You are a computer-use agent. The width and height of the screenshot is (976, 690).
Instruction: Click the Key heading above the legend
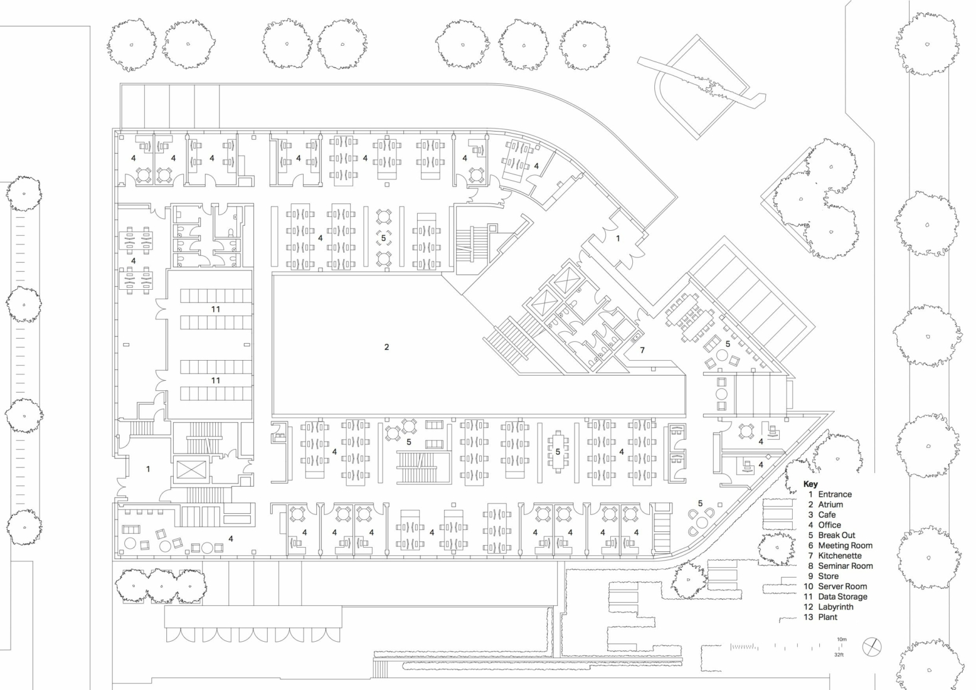(810, 484)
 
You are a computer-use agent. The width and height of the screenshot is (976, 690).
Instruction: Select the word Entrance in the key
(835, 494)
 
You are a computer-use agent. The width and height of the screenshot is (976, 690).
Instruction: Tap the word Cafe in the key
(827, 515)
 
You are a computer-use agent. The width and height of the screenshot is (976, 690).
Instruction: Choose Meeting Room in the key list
(846, 545)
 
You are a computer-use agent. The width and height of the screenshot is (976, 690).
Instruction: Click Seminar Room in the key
(846, 566)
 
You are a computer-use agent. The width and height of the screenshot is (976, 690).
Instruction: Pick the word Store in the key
(829, 576)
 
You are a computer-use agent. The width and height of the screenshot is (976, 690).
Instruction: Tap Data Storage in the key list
(842, 597)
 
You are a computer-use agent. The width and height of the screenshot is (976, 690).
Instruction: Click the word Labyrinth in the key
(835, 607)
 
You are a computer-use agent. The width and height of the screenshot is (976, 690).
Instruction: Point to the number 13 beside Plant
(809, 617)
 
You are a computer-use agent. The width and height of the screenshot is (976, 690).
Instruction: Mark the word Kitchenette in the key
(840, 556)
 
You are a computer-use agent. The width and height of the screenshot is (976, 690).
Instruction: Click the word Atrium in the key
(830, 504)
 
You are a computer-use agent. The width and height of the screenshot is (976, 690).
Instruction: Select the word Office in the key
(830, 525)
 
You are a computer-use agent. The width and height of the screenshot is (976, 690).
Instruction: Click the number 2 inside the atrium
(386, 347)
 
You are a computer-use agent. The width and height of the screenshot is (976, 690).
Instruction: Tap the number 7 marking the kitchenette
(642, 350)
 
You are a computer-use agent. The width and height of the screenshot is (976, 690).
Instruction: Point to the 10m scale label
(841, 639)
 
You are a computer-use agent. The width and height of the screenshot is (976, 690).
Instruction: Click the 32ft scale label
(839, 655)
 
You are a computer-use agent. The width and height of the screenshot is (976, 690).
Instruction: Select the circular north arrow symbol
(872, 647)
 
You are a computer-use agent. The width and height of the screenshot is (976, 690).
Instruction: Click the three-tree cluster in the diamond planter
(811, 200)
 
